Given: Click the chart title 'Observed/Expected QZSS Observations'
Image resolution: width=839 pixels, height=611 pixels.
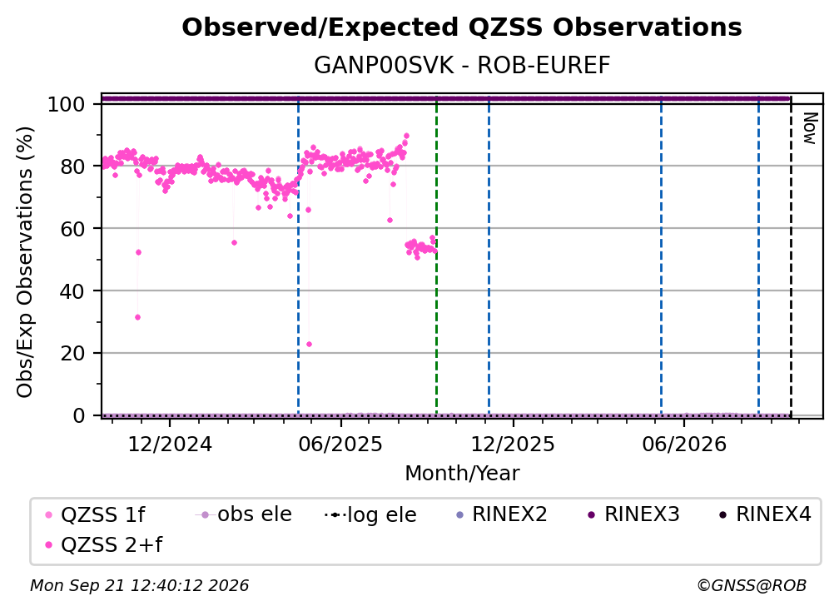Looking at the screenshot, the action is (x=462, y=27).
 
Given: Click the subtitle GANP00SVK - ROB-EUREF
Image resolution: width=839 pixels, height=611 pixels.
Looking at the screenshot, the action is (x=462, y=66).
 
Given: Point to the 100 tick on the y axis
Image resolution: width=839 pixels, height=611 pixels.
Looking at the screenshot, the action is (x=67, y=104).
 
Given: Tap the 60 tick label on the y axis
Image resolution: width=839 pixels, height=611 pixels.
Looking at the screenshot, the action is (x=72, y=229).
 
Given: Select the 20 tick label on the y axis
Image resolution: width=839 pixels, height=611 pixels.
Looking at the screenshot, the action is (x=72, y=354).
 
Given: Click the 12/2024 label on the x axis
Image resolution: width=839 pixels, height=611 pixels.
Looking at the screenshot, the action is (x=170, y=444).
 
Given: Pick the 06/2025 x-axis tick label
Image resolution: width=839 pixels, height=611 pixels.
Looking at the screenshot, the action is (x=341, y=444).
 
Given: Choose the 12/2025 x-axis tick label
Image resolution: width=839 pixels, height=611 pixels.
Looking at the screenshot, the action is (x=513, y=444).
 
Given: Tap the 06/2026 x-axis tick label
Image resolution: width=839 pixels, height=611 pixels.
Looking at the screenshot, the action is (x=684, y=444).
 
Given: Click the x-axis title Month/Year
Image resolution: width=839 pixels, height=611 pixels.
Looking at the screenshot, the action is (x=462, y=474).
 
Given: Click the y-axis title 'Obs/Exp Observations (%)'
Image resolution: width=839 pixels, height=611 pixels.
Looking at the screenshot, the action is (x=25, y=262).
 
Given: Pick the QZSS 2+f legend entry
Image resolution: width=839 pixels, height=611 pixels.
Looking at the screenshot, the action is (x=104, y=545).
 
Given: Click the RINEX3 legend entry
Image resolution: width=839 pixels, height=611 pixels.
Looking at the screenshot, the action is (x=633, y=514).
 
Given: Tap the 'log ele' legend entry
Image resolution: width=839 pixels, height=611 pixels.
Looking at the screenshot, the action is (x=370, y=515).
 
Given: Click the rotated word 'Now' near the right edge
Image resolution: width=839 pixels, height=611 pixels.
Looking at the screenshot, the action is (x=810, y=128).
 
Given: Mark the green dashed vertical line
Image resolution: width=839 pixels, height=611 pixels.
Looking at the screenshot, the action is (x=437, y=256).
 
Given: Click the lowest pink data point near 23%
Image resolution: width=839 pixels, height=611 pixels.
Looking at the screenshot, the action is (x=309, y=344).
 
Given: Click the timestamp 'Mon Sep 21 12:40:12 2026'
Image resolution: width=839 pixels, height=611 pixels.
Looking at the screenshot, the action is (x=139, y=586).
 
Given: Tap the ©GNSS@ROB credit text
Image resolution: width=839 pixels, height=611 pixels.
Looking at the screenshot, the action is (x=752, y=586).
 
